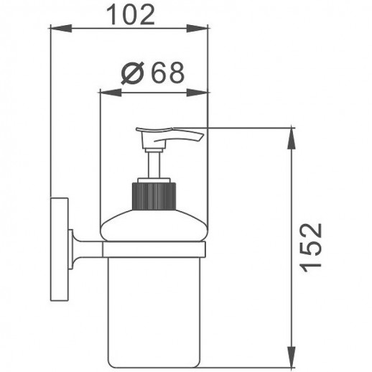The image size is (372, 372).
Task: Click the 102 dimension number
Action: point(130,15)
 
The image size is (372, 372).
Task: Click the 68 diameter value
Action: point(169,73)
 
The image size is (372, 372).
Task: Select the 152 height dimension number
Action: point(311,248)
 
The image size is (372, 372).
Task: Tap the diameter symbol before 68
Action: point(133,73)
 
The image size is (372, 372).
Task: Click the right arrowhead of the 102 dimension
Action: point(197,28)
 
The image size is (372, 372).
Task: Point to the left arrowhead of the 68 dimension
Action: point(111,93)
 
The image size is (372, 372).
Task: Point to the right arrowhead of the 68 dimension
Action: point(197,93)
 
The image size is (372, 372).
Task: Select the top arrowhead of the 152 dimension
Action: point(291,139)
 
